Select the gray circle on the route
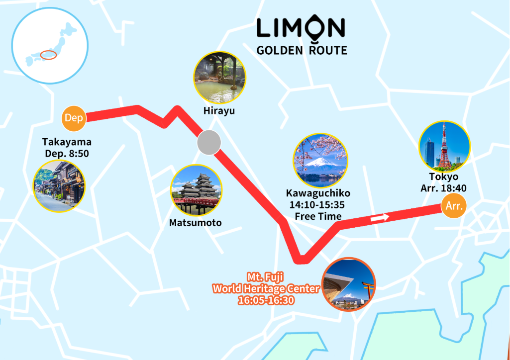208,143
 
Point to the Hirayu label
219,111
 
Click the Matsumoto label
196,222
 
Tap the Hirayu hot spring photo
219,78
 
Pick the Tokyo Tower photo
444,146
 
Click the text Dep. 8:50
67,154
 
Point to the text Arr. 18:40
444,188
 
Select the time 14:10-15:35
318,204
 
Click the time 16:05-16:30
266,300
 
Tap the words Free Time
318,216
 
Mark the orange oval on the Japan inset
48,55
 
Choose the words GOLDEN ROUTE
302,50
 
